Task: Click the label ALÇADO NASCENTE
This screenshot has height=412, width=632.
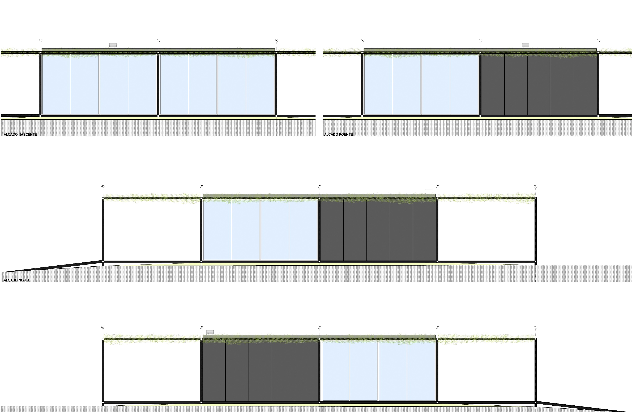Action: tap(20, 134)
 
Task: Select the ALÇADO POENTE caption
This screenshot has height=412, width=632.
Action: tap(338, 134)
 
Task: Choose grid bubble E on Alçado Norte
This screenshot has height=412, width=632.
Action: tap(103, 186)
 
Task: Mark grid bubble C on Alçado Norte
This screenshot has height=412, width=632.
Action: tap(319, 186)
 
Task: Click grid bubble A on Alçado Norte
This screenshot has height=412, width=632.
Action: tap(535, 186)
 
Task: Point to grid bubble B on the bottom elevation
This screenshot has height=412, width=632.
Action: tap(201, 327)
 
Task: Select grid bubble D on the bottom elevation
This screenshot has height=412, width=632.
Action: tap(437, 327)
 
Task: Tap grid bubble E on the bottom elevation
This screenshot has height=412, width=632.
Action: tap(535, 327)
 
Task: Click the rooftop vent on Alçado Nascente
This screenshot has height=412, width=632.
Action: tap(113, 46)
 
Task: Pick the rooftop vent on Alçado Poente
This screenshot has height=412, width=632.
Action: tap(525, 45)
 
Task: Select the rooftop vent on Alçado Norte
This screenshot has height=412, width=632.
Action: tap(429, 191)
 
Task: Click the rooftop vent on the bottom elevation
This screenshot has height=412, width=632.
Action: tap(210, 332)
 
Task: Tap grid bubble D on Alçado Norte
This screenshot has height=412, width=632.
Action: tap(201, 186)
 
